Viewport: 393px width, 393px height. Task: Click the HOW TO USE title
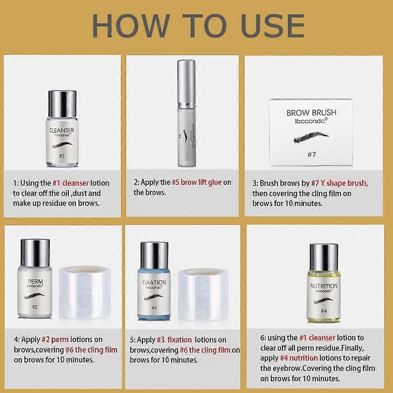pyautogui.click(x=198, y=26)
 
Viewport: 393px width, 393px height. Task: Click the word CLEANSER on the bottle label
pyautogui.click(x=61, y=130)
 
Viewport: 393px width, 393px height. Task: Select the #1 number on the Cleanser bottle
pyautogui.click(x=61, y=156)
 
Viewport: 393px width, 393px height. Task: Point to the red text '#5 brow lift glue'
pyautogui.click(x=197, y=182)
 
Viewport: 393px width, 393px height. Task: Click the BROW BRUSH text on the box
pyautogui.click(x=311, y=113)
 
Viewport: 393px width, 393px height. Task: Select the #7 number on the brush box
pyautogui.click(x=311, y=154)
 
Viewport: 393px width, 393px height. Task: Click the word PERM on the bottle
pyautogui.click(x=35, y=282)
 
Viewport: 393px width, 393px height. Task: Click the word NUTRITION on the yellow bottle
pyautogui.click(x=323, y=286)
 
